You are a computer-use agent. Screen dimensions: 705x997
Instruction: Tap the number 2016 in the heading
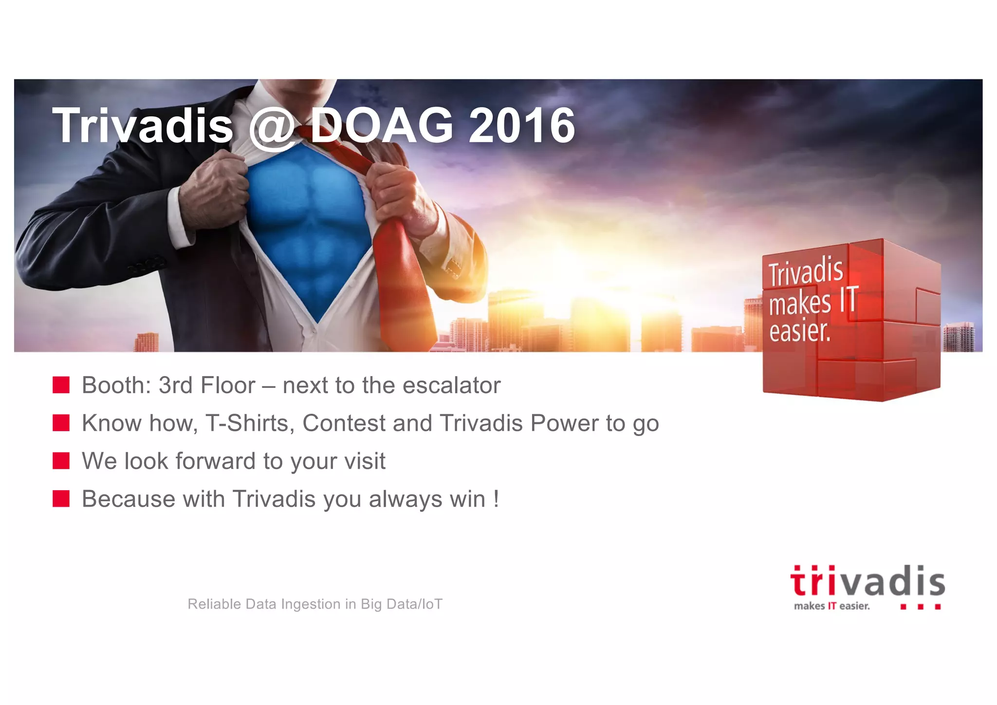point(521,126)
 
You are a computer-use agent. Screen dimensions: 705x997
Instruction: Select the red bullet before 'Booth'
point(61,385)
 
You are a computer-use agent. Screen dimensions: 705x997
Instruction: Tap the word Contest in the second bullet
point(344,423)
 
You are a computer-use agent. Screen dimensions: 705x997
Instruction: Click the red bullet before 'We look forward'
point(61,460)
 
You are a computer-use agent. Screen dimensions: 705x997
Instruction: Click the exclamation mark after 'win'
point(496,498)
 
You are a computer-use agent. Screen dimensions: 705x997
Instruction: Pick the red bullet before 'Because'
point(61,498)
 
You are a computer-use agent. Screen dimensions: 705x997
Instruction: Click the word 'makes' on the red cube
point(800,304)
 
